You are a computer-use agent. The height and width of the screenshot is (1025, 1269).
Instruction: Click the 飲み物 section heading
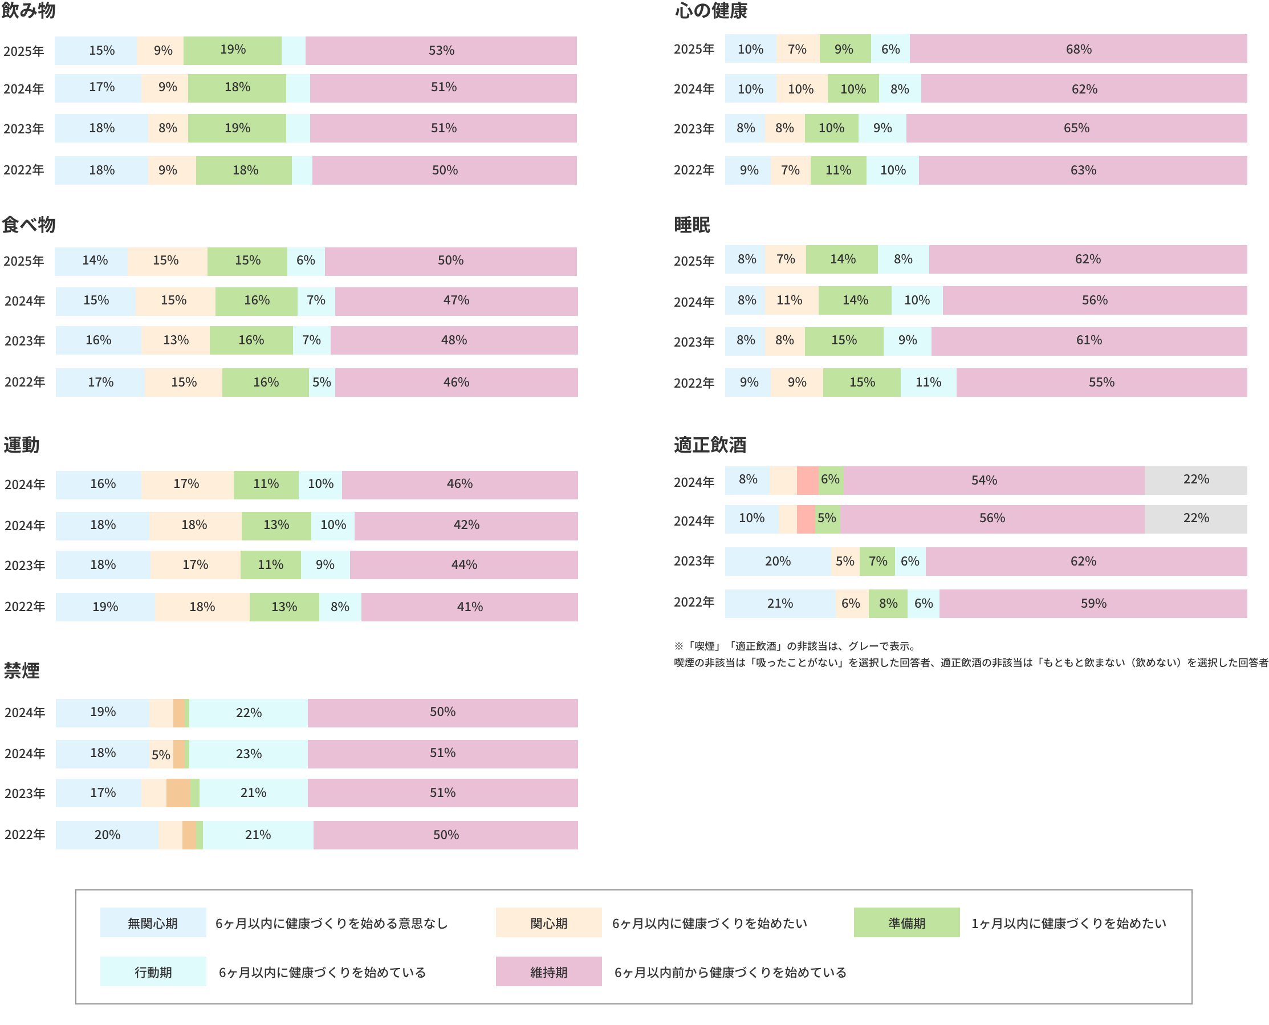point(29,11)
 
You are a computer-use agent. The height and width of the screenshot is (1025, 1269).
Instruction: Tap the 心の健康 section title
point(711,11)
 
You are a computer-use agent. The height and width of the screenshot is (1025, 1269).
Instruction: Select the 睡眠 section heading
point(692,225)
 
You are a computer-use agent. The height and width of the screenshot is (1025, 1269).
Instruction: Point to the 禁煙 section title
point(22,670)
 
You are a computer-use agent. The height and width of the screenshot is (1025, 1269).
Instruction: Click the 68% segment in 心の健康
point(1078,49)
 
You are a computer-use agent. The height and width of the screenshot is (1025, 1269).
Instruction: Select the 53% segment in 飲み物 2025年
point(441,51)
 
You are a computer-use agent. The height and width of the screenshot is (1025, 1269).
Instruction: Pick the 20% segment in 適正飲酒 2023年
point(778,562)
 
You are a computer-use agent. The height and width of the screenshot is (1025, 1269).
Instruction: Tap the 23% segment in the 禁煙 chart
point(249,754)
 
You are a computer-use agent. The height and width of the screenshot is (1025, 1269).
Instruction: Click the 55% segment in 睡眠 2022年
point(1101,383)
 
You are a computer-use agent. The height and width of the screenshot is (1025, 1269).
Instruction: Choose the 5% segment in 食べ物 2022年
point(322,383)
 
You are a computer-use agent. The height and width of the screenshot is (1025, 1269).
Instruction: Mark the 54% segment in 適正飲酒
point(984,481)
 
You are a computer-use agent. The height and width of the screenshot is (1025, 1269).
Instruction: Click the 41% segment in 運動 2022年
point(469,607)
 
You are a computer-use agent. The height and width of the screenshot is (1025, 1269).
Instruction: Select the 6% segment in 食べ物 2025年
point(306,261)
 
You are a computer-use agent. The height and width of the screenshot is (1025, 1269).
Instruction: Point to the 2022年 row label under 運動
point(25,607)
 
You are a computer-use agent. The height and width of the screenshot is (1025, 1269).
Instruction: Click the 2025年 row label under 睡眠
point(694,261)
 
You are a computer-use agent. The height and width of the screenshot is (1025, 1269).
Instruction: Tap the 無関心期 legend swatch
point(153,923)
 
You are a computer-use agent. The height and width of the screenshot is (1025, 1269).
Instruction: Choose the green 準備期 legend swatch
point(906,923)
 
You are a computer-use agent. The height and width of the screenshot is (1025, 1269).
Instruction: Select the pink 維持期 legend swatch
point(548,972)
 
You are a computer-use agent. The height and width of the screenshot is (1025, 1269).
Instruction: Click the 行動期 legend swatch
point(153,972)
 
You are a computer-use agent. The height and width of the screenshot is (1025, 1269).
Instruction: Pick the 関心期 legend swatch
point(548,923)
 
